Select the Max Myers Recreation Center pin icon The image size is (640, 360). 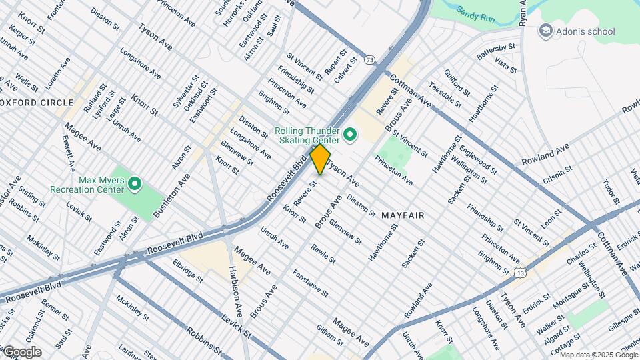(x=135, y=183)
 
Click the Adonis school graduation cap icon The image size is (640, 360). (x=546, y=30)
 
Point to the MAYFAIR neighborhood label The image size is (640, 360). (x=403, y=216)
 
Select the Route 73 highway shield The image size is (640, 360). (x=369, y=60)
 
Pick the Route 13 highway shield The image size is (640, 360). (x=520, y=271)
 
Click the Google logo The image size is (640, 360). (x=21, y=352)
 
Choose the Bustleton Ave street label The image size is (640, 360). (x=171, y=194)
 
